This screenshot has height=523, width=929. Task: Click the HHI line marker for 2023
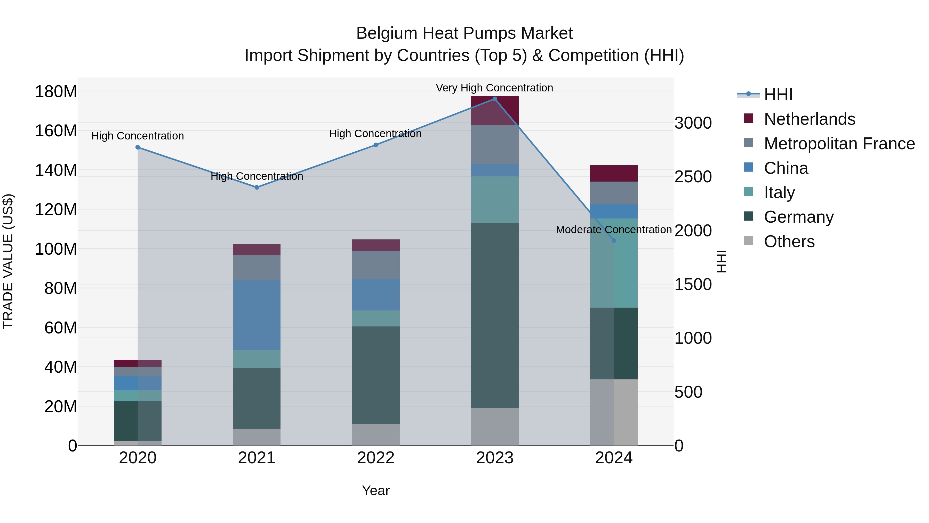pos(494,99)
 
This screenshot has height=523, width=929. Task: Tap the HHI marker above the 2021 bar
pos(257,187)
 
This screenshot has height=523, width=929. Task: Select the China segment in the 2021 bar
pos(257,315)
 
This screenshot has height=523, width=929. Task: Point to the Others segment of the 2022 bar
pos(375,435)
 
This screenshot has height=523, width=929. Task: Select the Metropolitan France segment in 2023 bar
pos(494,145)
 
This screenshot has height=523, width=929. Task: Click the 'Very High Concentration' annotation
pos(494,88)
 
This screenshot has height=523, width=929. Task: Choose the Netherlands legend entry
pos(809,119)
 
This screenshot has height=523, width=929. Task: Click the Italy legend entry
pos(779,192)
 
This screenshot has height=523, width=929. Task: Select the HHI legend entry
pos(778,95)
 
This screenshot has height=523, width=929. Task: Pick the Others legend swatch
pos(748,241)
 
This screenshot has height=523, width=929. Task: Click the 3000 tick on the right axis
pos(693,123)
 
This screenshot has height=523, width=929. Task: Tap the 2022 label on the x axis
pos(375,458)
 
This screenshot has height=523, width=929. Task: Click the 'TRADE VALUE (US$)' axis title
pos(8,261)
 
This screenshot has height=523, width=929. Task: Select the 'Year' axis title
pos(375,490)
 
